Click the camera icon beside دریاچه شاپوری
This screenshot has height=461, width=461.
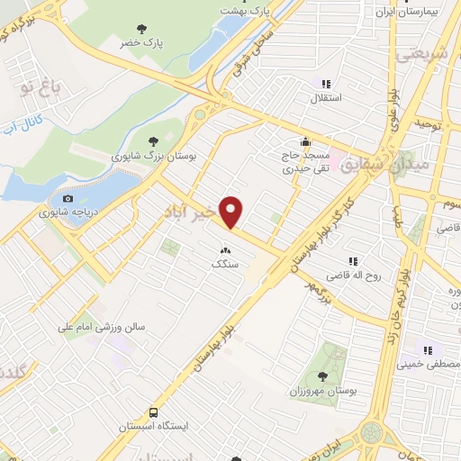click(68, 198)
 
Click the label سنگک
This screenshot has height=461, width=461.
click(224, 265)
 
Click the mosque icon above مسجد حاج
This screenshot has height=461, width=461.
click(305, 140)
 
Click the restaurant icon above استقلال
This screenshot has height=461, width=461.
click(326, 82)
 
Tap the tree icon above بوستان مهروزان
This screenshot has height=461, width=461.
click(322, 375)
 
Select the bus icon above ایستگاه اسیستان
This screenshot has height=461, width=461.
click(155, 411)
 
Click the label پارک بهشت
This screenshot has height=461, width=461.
click(248, 11)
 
